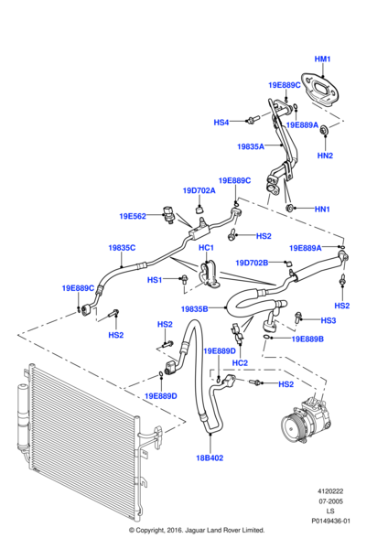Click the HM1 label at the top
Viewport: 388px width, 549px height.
(x=323, y=59)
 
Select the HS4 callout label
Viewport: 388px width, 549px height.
(x=221, y=122)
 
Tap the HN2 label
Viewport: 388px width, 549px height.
(x=325, y=156)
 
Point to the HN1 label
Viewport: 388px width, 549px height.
(x=321, y=210)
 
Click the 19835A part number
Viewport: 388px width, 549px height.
(x=250, y=146)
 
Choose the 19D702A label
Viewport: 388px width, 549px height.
(x=199, y=190)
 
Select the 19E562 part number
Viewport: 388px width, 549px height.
(x=133, y=217)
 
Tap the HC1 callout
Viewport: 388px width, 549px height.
(x=206, y=248)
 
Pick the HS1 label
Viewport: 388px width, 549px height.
(x=155, y=280)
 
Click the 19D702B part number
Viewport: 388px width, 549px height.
(x=252, y=263)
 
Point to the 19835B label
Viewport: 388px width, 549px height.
(x=194, y=308)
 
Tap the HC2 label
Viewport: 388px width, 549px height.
(x=240, y=363)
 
